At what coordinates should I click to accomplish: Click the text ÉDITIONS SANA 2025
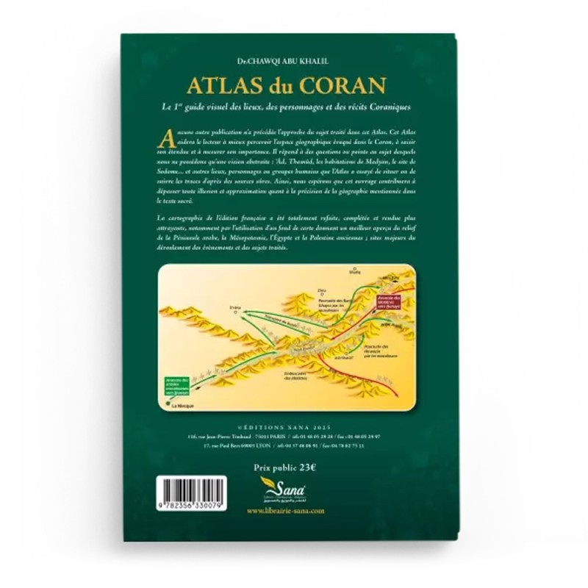pyautogui.click(x=294, y=426)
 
